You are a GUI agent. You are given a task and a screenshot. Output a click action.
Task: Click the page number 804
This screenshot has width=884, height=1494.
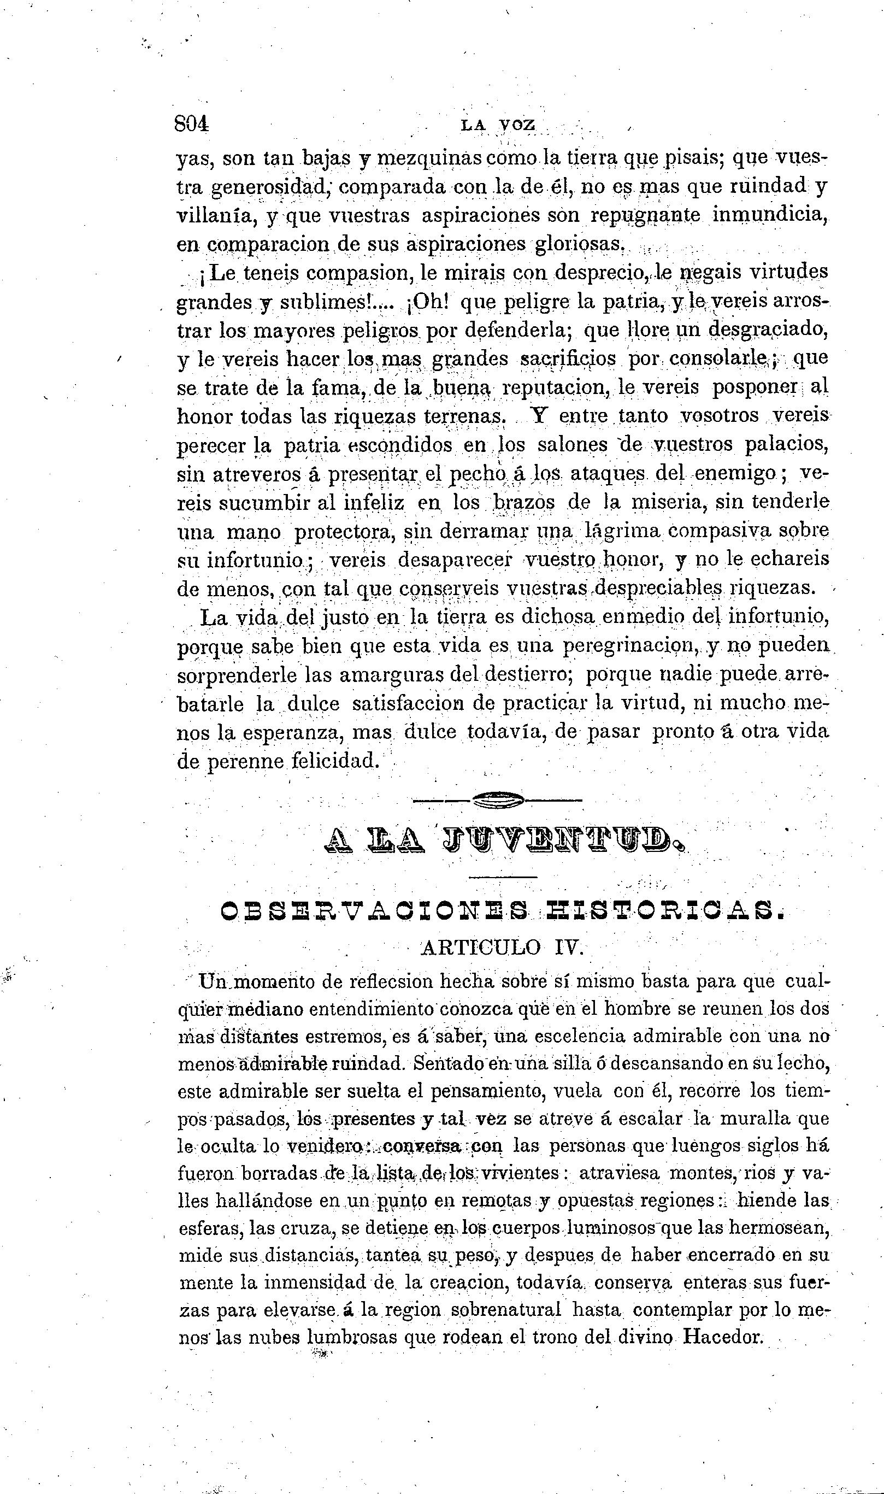pos(192,124)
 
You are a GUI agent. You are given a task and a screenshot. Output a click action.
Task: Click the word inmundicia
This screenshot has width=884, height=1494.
pos(770,215)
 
